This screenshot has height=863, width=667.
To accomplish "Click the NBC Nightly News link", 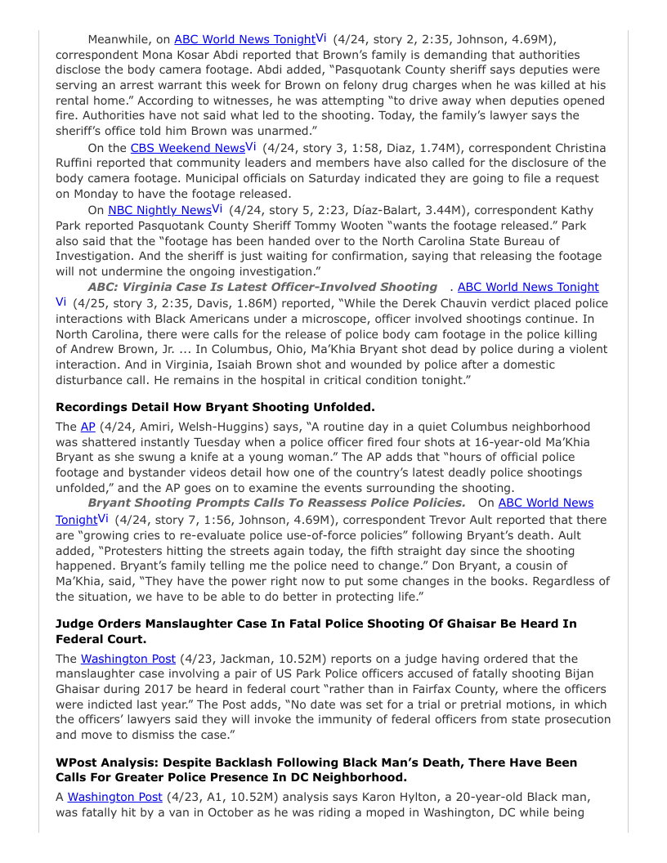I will [x=159, y=210].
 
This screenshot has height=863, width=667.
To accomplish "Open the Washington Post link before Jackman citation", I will [x=128, y=659].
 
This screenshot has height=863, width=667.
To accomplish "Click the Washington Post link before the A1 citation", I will [x=114, y=797].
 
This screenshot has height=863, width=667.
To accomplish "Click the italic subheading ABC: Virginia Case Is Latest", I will [x=262, y=287].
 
